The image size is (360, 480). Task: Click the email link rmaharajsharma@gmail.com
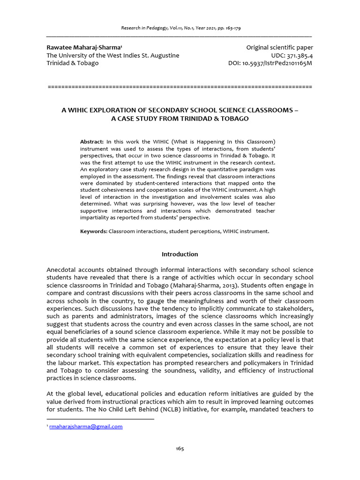pyautogui.click(x=86, y=426)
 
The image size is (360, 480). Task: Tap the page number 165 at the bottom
pyautogui.click(x=180, y=449)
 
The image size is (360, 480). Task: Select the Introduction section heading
pyautogui.click(x=180, y=254)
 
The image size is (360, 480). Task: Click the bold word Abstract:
pyautogui.click(x=92, y=142)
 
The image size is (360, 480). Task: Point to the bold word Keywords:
pyautogui.click(x=94, y=232)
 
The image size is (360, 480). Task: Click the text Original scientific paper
pyautogui.click(x=280, y=48)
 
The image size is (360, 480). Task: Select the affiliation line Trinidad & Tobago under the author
pyautogui.click(x=73, y=63)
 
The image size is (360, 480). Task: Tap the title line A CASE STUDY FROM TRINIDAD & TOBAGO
pyautogui.click(x=180, y=119)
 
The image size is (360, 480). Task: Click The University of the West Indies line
pyautogui.click(x=112, y=55)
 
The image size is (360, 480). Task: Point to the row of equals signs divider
pyautogui.click(x=180, y=87)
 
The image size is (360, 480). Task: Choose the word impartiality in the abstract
pyautogui.click(x=96, y=217)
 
